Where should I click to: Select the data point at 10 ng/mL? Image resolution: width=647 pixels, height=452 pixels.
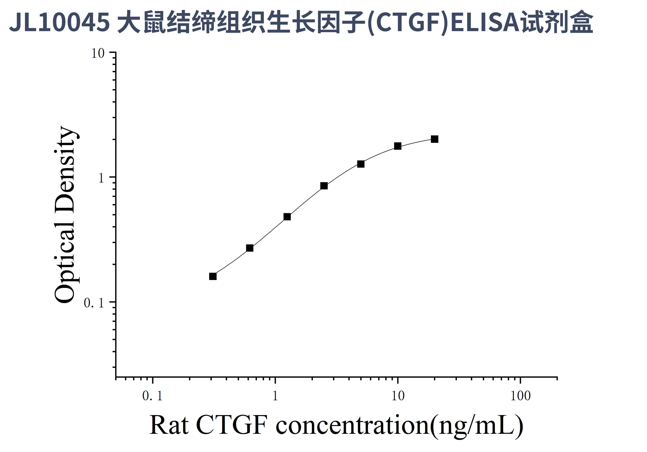point(398,146)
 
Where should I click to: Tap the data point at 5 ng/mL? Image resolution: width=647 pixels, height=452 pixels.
point(361,164)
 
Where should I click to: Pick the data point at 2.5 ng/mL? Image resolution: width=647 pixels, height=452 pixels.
point(324,186)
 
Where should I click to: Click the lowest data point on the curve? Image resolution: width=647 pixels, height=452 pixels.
point(213,276)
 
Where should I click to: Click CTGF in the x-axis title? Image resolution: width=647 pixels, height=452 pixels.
point(231,425)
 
